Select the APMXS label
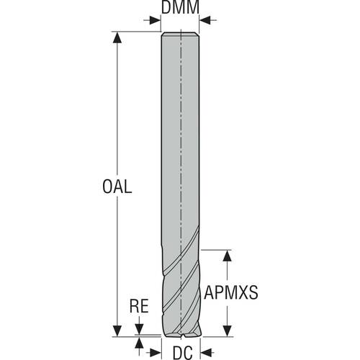click(231, 293)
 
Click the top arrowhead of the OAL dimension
click(116, 37)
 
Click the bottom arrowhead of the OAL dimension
click(116, 331)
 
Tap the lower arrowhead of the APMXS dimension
click(228, 331)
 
